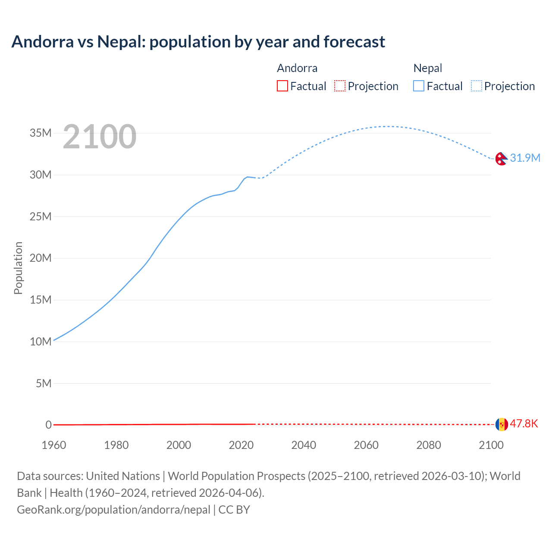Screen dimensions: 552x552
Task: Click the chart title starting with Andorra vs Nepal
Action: (x=198, y=42)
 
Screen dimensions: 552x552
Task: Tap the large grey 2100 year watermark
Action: (x=100, y=137)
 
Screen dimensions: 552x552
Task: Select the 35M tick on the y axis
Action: (x=41, y=133)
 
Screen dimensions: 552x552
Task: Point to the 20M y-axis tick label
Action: (x=41, y=258)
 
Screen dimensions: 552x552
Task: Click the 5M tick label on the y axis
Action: (x=44, y=383)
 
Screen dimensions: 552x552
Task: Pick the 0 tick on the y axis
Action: (x=48, y=425)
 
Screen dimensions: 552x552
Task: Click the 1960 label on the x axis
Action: (x=54, y=445)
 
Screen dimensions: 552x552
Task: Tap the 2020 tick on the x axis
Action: (x=241, y=445)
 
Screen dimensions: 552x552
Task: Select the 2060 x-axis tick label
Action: (x=366, y=445)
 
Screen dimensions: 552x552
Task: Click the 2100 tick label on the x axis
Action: (x=491, y=445)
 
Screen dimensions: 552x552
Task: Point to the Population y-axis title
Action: (x=18, y=268)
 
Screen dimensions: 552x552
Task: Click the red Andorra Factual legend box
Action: (x=282, y=86)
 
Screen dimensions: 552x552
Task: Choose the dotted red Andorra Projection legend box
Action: (x=340, y=86)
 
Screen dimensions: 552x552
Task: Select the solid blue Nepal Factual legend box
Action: (x=419, y=86)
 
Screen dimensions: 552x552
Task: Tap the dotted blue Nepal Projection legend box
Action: (x=477, y=86)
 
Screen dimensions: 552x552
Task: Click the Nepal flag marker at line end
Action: (x=501, y=159)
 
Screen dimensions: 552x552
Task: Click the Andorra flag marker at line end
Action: (x=502, y=424)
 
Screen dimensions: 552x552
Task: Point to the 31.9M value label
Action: (x=525, y=158)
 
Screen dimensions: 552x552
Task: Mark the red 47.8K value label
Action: (x=524, y=423)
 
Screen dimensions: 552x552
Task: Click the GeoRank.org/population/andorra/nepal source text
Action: (x=113, y=510)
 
